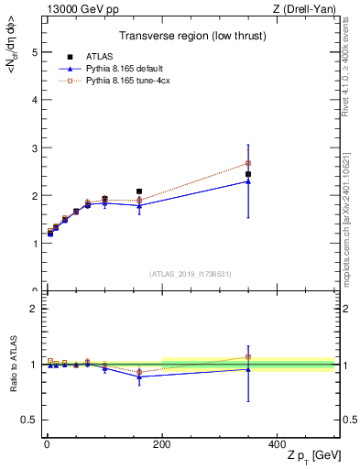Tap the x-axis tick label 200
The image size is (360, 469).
pyautogui.click(x=161, y=443)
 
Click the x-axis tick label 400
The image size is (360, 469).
pyautogui.click(x=277, y=443)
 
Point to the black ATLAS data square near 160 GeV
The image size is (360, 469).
pyautogui.click(x=139, y=191)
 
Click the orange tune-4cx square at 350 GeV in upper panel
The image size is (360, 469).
pyautogui.click(x=248, y=163)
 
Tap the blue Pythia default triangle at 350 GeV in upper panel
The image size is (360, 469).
pyautogui.click(x=248, y=181)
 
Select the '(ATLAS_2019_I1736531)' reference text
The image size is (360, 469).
pyautogui.click(x=190, y=273)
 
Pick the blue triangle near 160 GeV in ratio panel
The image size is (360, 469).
pyautogui.click(x=139, y=376)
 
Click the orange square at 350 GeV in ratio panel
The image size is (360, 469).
pyautogui.click(x=248, y=357)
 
